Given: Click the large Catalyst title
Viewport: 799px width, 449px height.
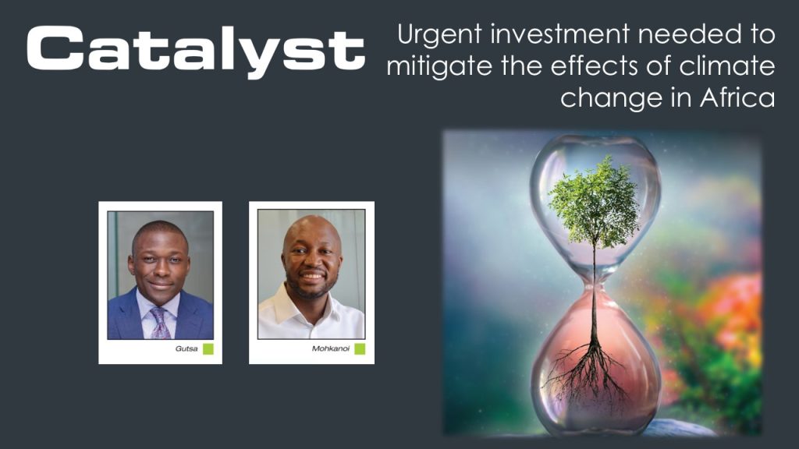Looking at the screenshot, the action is [x=196, y=50].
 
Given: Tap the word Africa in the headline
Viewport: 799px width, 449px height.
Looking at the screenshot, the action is [x=737, y=97].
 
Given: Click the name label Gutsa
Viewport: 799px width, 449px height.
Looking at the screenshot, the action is [x=186, y=348].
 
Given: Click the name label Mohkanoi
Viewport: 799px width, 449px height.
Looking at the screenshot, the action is [x=331, y=348].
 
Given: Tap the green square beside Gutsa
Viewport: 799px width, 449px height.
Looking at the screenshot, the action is [x=208, y=348].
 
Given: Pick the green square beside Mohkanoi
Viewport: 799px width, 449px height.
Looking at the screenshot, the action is [x=360, y=348].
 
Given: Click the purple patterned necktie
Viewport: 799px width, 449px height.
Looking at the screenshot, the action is [x=160, y=323].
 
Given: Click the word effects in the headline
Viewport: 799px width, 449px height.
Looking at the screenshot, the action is [x=595, y=65].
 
